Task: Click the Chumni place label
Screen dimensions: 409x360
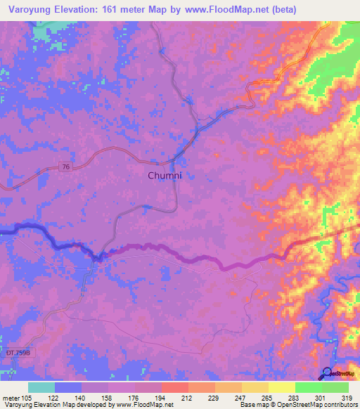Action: pyautogui.click(x=165, y=175)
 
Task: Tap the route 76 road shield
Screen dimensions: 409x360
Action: pyautogui.click(x=65, y=167)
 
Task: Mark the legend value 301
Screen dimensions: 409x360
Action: pyautogui.click(x=321, y=397)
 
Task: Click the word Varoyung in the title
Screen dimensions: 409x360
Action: pyautogui.click(x=32, y=9)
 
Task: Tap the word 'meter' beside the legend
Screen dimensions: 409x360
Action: pyautogui.click(x=11, y=397)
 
